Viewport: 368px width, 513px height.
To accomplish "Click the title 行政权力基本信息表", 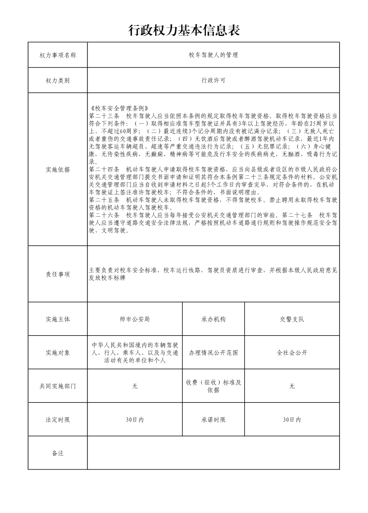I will (184, 31).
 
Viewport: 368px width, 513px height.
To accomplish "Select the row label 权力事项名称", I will (57, 55).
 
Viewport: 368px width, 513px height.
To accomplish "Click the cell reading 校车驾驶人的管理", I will (213, 55).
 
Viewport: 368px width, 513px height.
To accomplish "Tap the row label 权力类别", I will (57, 81).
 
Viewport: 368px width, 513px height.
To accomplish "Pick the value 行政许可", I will (213, 81).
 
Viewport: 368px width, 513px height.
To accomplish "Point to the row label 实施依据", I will (57, 169).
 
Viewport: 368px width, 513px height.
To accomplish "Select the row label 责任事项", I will (57, 274).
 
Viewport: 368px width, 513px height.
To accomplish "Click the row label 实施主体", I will (57, 319).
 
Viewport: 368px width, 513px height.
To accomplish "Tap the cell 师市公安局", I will (134, 319).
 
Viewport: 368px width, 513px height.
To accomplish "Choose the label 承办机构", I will (213, 319).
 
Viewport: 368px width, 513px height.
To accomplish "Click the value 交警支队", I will (292, 319).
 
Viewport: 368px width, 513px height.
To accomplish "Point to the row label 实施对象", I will (57, 353).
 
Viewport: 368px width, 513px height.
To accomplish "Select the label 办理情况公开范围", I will (213, 353).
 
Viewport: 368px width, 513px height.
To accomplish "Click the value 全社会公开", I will (292, 353).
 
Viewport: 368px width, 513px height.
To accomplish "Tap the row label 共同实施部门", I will (57, 386).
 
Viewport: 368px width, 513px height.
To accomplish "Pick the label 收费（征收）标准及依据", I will (213, 386).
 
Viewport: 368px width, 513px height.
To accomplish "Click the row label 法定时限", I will (57, 420).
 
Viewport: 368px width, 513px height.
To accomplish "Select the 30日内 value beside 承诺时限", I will (292, 420).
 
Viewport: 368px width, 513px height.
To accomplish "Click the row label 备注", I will (57, 453).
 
